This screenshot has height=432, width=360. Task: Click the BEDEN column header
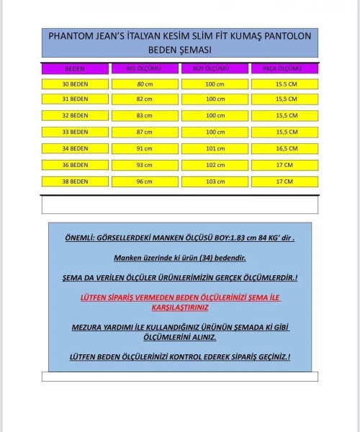75,69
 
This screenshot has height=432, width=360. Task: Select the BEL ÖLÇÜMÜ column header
144,69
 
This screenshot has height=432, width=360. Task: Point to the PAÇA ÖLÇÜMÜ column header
284,69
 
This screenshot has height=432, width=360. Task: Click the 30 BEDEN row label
75,84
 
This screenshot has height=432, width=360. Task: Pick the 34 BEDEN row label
75,148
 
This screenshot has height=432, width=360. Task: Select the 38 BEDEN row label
75,181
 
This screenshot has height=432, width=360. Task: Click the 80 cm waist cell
144,84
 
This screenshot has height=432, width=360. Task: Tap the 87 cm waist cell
144,132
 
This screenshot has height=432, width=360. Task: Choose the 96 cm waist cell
144,181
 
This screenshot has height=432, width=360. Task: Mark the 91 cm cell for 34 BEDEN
144,148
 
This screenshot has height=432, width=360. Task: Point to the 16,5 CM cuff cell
284,148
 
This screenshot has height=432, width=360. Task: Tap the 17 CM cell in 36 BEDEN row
284,165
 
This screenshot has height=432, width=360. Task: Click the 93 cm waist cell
144,165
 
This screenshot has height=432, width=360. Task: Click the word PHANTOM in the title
68,35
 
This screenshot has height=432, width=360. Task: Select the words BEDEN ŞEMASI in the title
180,50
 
